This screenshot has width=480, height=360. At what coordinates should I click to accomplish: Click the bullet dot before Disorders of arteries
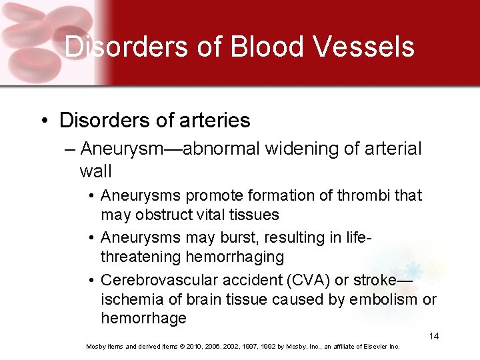[x=43, y=121]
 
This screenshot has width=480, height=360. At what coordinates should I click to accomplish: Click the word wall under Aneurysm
[x=95, y=171]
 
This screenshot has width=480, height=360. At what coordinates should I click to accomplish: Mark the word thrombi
[x=366, y=195]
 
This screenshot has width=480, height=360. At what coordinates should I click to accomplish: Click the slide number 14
[x=434, y=336]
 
